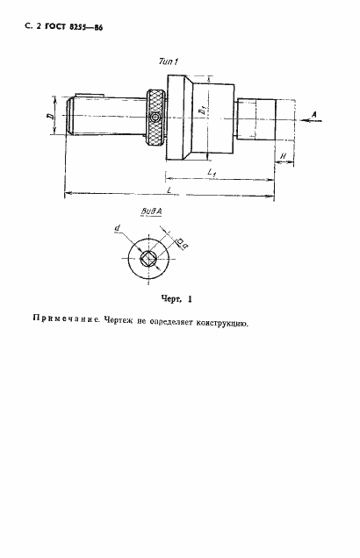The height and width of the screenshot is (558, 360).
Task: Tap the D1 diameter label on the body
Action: point(201,112)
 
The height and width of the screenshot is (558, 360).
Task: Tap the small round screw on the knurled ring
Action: point(155,118)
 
